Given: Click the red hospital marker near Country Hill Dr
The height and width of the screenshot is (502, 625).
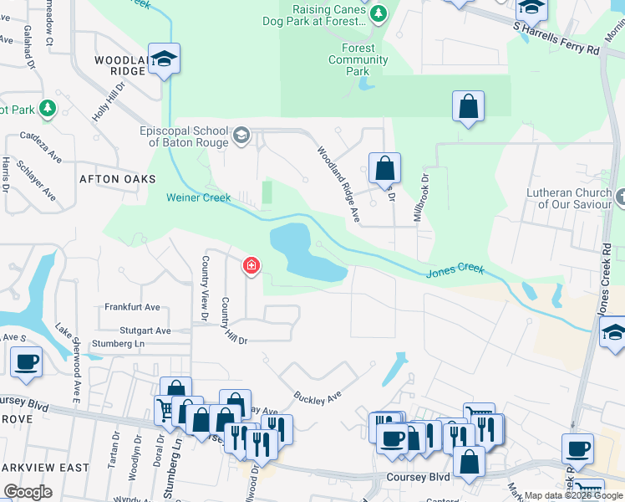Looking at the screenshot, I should tap(250, 267).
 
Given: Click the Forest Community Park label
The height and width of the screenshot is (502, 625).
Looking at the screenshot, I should tap(358, 59).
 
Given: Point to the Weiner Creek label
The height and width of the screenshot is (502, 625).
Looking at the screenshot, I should tap(198, 197).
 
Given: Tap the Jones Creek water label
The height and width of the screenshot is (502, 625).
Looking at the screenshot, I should tap(455, 269).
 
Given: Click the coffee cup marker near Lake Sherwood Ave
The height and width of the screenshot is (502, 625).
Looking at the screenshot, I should tap(27, 361).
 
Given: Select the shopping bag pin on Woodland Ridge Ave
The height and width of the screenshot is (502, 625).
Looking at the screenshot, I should tap(384, 168).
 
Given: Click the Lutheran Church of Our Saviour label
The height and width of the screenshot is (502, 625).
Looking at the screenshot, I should tap(569, 198).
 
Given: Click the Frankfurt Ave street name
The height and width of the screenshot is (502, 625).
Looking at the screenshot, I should tap(132, 308).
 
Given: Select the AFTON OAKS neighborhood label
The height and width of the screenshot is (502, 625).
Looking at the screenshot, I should tap(117, 179).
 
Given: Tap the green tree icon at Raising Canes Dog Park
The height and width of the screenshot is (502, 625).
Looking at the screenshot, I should tap(379, 13).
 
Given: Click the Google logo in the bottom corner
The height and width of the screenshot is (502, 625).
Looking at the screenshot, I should tap(28, 492).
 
